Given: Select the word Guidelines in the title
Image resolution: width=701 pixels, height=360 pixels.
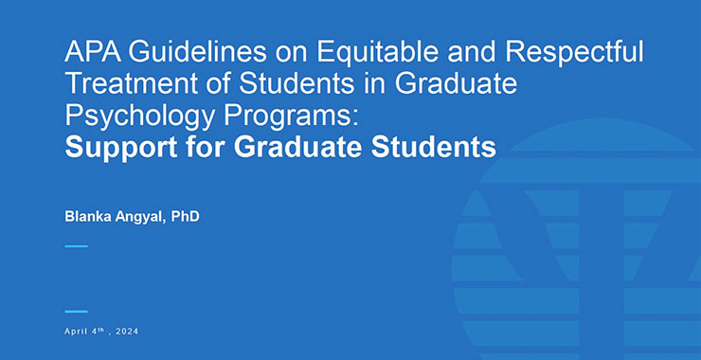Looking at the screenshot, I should (179, 51).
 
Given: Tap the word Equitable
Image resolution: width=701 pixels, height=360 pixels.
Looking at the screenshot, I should (329, 51).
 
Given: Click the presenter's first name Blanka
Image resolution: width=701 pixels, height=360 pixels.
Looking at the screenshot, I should (89, 217).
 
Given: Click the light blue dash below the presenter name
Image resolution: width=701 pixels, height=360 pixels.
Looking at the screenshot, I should (76, 246).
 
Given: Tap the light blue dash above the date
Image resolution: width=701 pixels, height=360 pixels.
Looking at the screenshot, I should (76, 311).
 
